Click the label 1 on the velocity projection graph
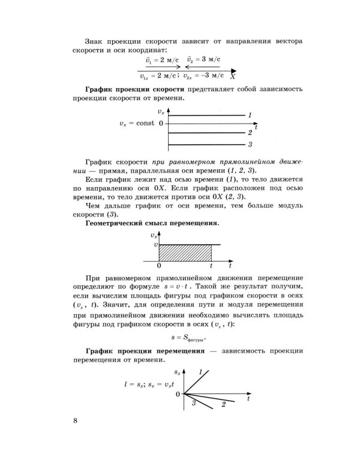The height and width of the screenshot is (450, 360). click(x=250, y=114)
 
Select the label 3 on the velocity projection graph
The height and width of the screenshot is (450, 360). click(x=250, y=145)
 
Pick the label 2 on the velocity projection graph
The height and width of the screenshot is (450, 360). click(x=250, y=133)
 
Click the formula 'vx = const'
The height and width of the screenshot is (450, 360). click(x=137, y=124)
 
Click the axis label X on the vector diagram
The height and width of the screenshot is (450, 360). click(x=232, y=77)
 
